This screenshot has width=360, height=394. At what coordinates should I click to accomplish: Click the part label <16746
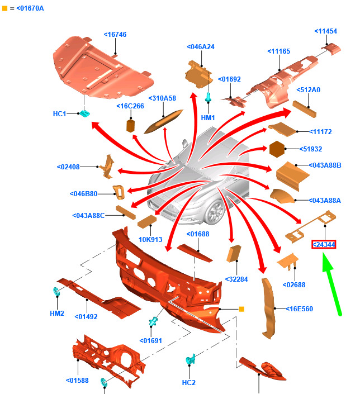click(x=115, y=35)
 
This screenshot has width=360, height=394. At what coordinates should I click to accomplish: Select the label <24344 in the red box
click(x=324, y=244)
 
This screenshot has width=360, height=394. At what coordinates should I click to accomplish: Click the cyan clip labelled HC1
click(x=85, y=114)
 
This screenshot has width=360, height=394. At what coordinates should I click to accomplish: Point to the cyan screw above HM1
click(x=209, y=98)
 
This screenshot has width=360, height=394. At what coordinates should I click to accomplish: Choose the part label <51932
click(x=310, y=149)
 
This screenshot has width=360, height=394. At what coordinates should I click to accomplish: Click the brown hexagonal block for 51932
click(x=278, y=150)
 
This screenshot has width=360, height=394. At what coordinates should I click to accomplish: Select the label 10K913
click(x=150, y=240)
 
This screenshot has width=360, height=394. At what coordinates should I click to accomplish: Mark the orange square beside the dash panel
click(x=242, y=308)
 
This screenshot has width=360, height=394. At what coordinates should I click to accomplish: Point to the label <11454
click(x=325, y=31)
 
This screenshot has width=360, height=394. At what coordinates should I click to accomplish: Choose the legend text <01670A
click(x=27, y=8)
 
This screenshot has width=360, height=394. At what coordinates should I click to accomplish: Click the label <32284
click(x=236, y=279)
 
